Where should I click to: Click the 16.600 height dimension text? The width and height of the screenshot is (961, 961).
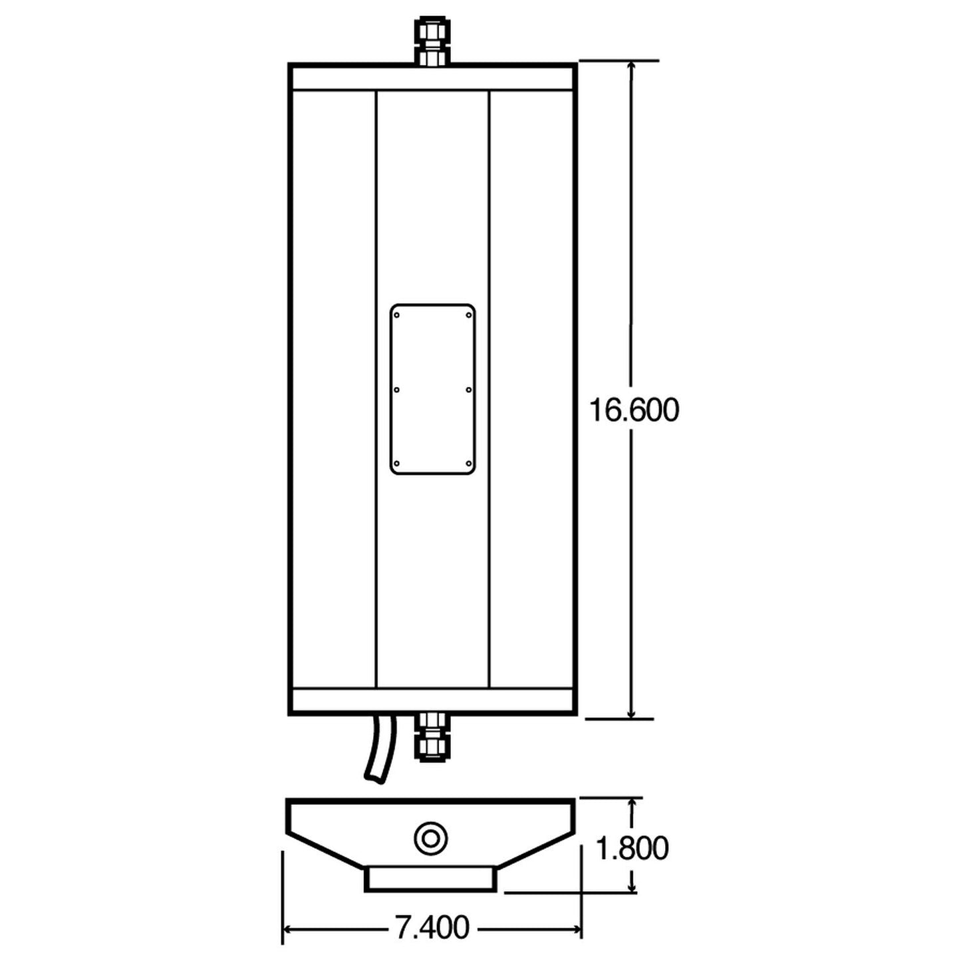[x=634, y=410]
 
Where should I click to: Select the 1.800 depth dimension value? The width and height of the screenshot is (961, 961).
[x=632, y=848]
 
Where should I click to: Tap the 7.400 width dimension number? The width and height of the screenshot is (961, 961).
[x=432, y=927]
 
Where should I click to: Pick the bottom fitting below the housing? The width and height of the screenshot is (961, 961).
[x=432, y=737]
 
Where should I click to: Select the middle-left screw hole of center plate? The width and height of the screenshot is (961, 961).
[x=397, y=390]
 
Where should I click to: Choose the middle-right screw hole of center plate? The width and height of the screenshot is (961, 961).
[x=468, y=390]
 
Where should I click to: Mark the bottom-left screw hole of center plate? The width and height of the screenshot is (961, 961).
[x=397, y=464]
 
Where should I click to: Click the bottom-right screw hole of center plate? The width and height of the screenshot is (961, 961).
[x=468, y=464]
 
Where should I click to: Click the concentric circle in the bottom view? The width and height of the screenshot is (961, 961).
[x=430, y=837]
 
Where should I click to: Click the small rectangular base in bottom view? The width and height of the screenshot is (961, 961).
[x=431, y=878]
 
